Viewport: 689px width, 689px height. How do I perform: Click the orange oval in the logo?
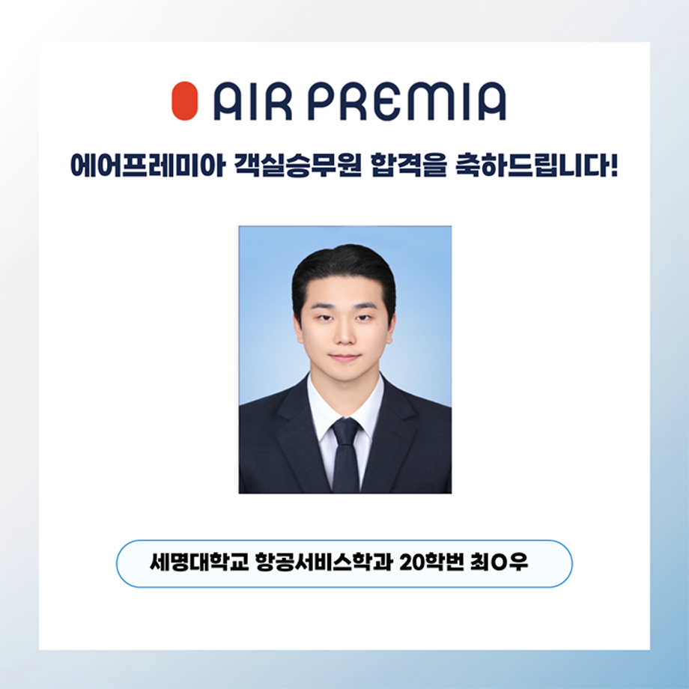click(x=184, y=102)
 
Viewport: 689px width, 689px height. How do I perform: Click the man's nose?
click(x=344, y=335)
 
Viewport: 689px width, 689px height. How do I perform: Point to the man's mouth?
click(x=344, y=357)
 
